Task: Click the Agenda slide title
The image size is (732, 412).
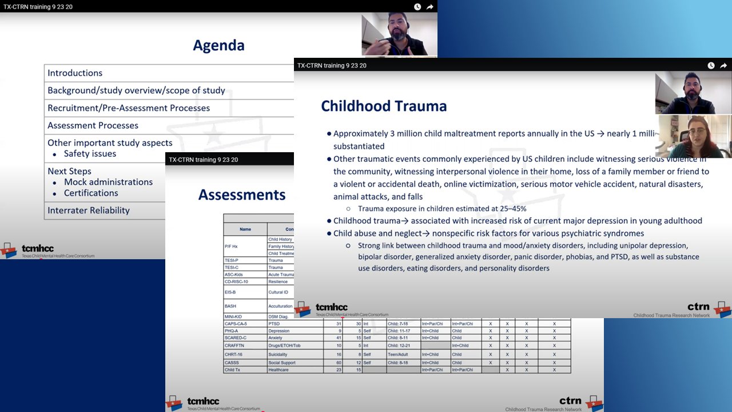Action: coord(218,46)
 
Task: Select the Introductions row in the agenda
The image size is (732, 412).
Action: coord(75,73)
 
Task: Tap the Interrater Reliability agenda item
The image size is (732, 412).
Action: coord(89,211)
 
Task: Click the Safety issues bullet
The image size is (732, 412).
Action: coord(90,154)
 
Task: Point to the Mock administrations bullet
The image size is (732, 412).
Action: coord(108,182)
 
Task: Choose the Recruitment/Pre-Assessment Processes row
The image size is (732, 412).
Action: coord(129,108)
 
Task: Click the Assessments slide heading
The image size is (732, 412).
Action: coord(242,195)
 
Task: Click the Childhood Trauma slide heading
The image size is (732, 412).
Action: coord(384,106)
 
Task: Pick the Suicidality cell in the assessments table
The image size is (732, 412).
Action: coord(281,355)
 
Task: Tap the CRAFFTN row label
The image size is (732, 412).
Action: coord(235,346)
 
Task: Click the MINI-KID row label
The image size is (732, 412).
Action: coord(234,316)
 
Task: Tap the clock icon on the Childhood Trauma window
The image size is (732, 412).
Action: coord(711,65)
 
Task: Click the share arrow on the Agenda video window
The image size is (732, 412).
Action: coord(430,7)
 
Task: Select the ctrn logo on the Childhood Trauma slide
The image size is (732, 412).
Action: coord(699,307)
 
